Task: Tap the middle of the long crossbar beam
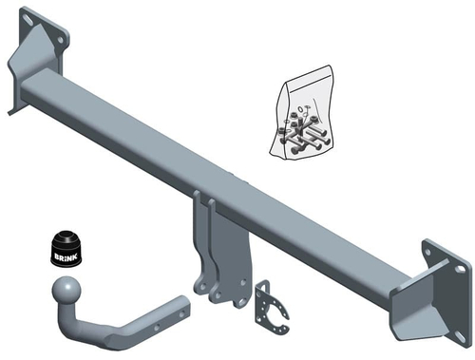coord(218,171)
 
